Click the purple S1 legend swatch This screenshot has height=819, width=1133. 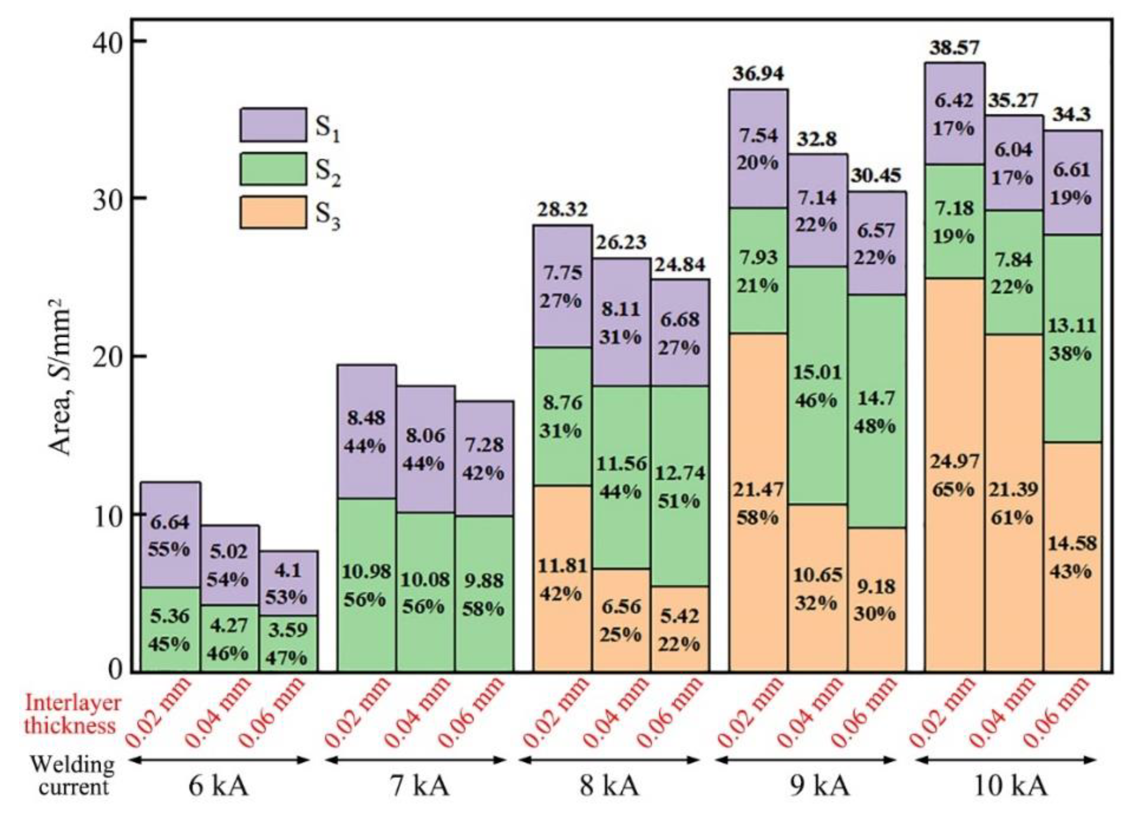[273, 125]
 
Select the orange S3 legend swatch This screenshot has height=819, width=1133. [273, 212]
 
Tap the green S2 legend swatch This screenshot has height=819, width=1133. [273, 169]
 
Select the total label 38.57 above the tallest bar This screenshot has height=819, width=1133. [954, 48]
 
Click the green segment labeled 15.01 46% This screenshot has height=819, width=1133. [818, 386]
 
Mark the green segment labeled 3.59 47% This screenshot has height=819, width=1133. [288, 643]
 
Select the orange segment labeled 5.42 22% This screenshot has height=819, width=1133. [680, 629]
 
